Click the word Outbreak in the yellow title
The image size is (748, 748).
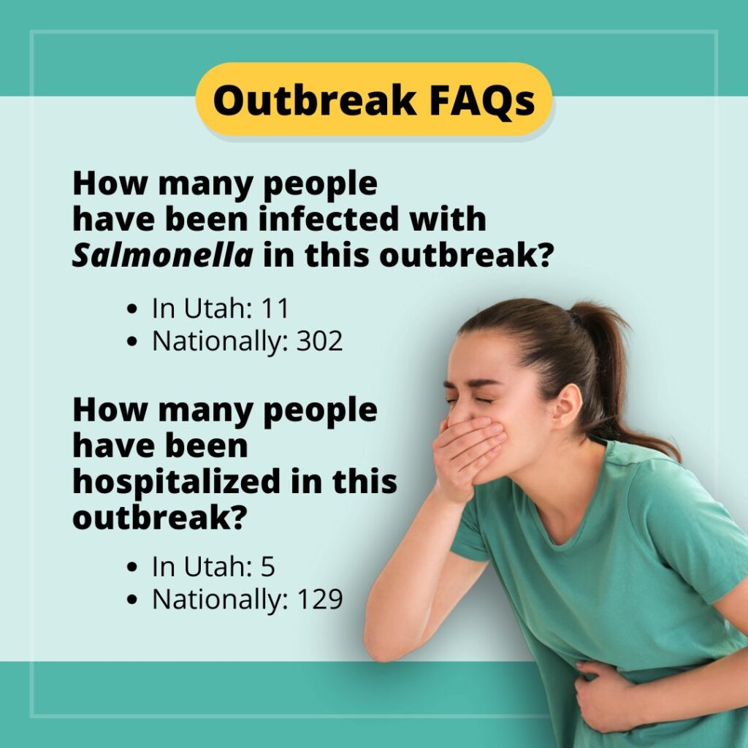[x=314, y=100]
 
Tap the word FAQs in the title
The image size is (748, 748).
[x=482, y=100]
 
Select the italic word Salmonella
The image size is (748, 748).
[x=162, y=255]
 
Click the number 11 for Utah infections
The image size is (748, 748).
[x=275, y=308]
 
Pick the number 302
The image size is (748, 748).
[x=320, y=341]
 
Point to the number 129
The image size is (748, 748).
[x=320, y=599]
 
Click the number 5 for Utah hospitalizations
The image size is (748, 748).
[x=267, y=567]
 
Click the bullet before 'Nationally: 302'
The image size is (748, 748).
[x=132, y=342]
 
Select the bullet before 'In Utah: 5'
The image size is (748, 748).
[x=132, y=567]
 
